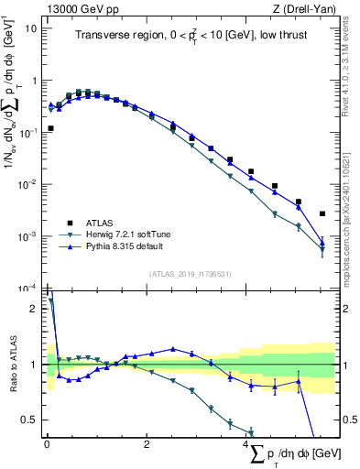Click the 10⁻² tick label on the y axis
pyautogui.click(x=28, y=184)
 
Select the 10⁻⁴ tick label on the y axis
pyautogui.click(x=28, y=289)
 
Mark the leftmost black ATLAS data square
pyautogui.click(x=50, y=128)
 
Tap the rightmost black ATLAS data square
pyautogui.click(x=322, y=213)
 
